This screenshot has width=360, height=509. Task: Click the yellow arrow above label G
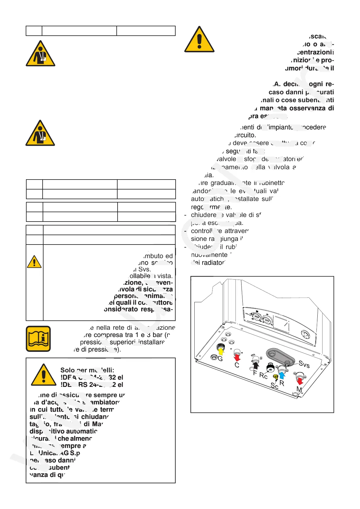[221, 351]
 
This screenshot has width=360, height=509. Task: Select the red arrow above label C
[237, 358]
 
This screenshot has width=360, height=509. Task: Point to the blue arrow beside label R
[282, 375]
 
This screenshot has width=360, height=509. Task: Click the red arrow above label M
[300, 381]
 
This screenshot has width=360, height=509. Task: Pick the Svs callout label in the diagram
[304, 365]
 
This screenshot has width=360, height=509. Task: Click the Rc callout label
[263, 376]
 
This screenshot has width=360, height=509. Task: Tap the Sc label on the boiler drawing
[274, 386]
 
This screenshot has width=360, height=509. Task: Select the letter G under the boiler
[220, 359]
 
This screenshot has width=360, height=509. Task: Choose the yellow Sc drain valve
[275, 377]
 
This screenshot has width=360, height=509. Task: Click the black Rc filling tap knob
[270, 368]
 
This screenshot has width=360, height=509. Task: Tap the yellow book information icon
[38, 339]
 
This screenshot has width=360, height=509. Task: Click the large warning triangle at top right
[199, 40]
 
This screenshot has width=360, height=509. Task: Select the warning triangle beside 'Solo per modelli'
[44, 375]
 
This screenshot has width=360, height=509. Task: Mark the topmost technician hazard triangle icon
[41, 54]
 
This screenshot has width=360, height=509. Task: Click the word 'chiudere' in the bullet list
[203, 215]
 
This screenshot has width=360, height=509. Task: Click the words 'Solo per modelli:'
[87, 370]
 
